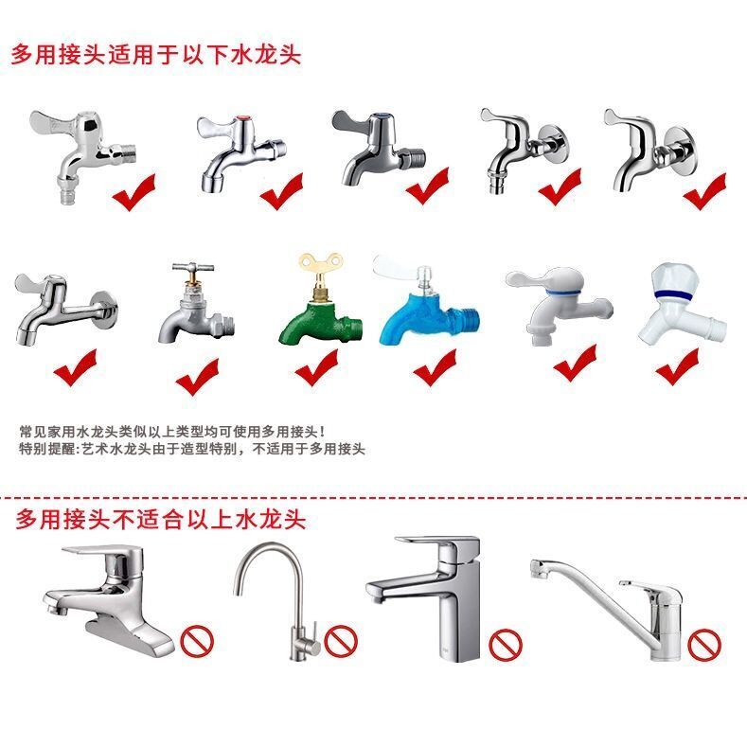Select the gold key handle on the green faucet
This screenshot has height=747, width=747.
321,268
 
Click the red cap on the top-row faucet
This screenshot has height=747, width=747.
244,119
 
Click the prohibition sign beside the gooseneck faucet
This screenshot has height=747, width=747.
341,641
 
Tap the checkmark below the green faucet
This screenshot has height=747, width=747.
316,366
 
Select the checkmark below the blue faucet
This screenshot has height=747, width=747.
435,366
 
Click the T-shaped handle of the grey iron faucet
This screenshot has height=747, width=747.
193,268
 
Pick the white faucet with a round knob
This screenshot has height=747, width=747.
682,305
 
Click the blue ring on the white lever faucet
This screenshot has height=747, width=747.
564,291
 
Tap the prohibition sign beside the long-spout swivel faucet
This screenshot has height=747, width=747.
704,645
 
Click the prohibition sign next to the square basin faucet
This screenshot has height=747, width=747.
506,645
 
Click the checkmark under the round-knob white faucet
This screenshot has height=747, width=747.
677,365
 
